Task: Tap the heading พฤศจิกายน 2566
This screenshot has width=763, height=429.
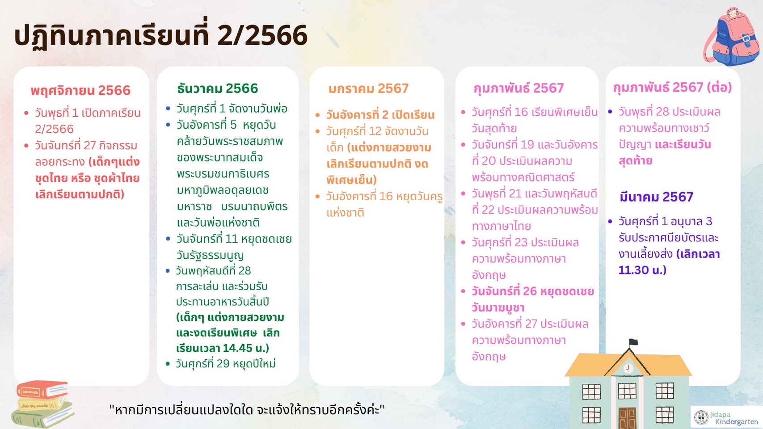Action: [x=81, y=91]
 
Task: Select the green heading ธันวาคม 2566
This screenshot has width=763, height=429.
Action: [x=218, y=88]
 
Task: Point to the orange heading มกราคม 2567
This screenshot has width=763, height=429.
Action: [x=369, y=88]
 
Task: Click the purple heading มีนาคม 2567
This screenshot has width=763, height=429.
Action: [x=656, y=197]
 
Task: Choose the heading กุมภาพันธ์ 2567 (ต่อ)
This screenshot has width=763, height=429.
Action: [x=672, y=88]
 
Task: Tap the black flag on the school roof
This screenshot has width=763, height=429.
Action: [x=633, y=342]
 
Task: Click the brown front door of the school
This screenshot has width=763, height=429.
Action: [x=628, y=418]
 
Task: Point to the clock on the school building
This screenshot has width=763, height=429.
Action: [x=628, y=368]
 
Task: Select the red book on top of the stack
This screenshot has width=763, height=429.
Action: [x=42, y=390]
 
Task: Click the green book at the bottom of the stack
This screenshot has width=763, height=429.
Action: [x=43, y=416]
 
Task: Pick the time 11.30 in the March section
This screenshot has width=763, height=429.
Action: [x=633, y=270]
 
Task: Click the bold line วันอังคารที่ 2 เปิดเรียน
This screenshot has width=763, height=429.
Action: [x=380, y=115]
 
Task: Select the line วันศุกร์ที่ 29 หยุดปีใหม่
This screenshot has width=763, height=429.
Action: [x=226, y=364]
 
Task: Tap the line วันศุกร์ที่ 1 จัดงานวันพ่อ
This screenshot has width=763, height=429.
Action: [x=232, y=109]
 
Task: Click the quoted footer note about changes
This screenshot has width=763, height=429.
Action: [x=247, y=409]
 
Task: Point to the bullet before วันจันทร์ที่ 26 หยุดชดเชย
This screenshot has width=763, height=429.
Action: [x=463, y=291]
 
